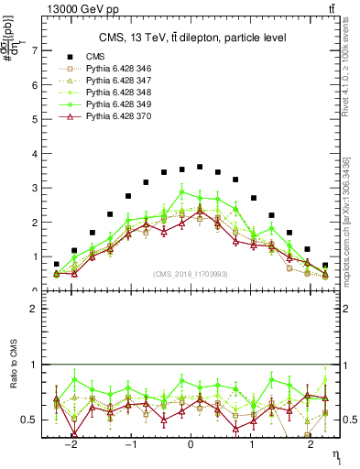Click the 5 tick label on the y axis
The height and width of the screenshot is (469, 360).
pos(35,120)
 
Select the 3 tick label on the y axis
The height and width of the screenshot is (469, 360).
pos(35,189)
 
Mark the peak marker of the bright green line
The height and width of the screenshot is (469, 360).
pos(182,191)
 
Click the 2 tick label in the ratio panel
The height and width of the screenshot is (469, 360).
pos(35,310)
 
